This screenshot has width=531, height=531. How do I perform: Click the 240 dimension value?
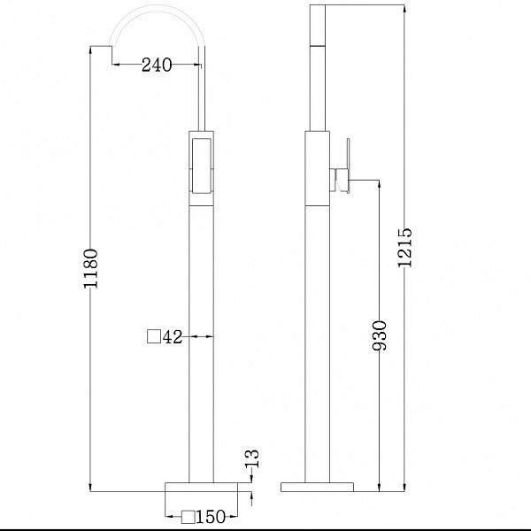coord(157,65)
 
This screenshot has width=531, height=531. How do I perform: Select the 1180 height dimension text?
coord(91,268)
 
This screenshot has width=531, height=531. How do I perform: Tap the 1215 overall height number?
coord(405,248)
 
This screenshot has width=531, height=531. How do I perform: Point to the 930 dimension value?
coord(379,335)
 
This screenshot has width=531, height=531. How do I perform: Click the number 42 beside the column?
coord(173,337)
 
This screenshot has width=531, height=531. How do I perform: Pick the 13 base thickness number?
coord(253,458)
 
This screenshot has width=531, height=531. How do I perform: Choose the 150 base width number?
coord(211,517)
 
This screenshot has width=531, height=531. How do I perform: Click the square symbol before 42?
coord(154,336)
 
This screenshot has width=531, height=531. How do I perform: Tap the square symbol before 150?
coord(188,517)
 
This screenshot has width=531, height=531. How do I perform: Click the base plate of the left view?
coord(201,487)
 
